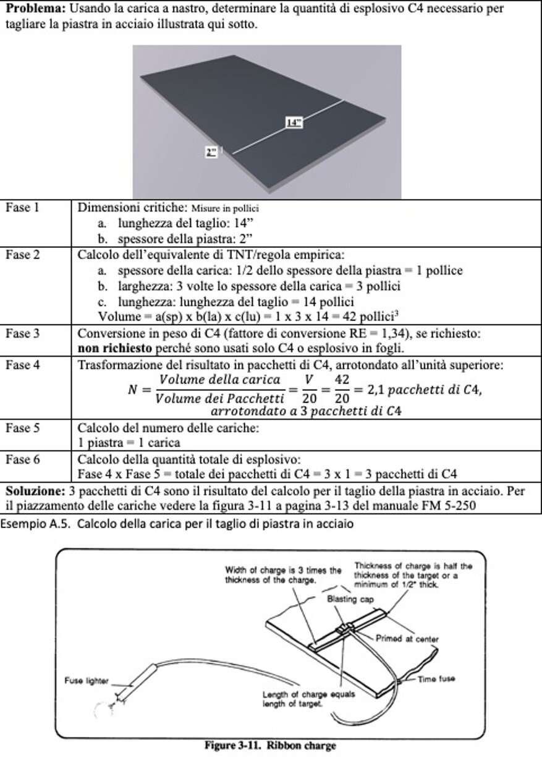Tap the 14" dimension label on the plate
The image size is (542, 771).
tap(293, 122)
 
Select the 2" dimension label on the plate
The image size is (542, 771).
tap(211, 151)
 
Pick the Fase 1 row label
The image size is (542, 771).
tap(23, 208)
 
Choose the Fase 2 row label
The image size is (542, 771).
tap(23, 254)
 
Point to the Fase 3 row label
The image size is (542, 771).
tap(23, 334)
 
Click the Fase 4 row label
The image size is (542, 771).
tap(23, 365)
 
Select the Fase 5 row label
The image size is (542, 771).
tap(23, 427)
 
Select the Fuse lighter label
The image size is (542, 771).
tap(87, 681)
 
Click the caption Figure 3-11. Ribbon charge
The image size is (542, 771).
tap(271, 746)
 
